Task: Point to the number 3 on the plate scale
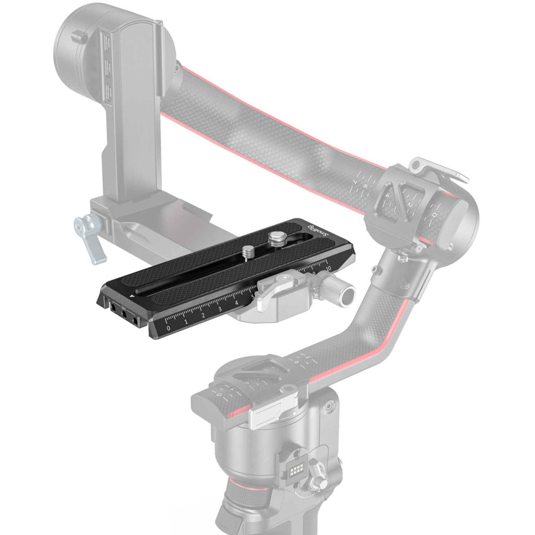[x=220, y=309]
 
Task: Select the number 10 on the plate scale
[x=328, y=268]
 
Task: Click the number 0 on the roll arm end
[x=434, y=215]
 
